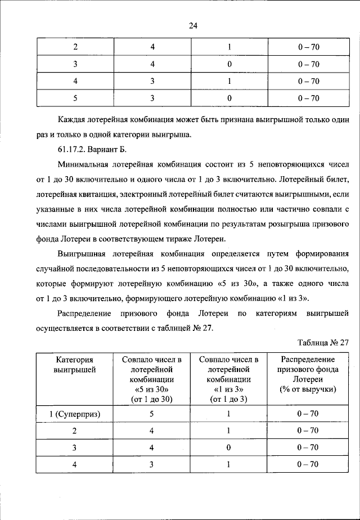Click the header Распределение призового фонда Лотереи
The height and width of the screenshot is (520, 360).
pos(308,374)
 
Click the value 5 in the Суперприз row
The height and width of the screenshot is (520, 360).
pos(152,415)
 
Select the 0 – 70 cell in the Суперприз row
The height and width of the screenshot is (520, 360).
pos(308,415)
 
